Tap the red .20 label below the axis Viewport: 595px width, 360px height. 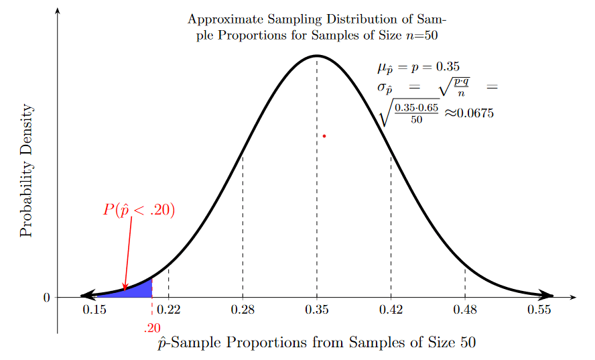tap(152, 328)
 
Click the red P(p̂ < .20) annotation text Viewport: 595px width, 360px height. tap(139, 210)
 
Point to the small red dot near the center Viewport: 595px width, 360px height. tap(324, 136)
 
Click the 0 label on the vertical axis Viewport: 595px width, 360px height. tap(46, 298)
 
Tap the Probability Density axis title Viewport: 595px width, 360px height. tap(26, 171)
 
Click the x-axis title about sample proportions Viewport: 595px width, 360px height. tap(316, 343)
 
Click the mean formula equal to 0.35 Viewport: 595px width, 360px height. tap(419, 67)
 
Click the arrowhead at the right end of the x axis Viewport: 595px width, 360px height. tap(573, 296)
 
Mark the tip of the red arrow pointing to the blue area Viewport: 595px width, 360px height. tap(125, 291)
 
